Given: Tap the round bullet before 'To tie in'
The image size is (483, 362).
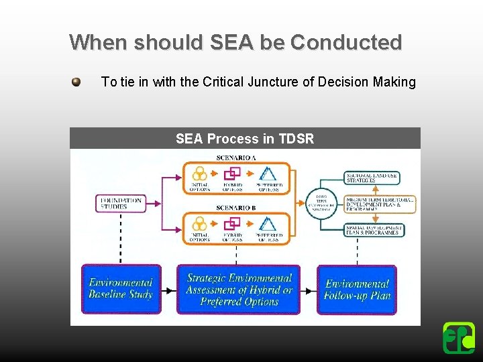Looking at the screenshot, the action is (x=76, y=82).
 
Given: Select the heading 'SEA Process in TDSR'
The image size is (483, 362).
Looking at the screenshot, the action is (x=245, y=139).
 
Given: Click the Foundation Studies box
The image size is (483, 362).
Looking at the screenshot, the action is (x=121, y=203).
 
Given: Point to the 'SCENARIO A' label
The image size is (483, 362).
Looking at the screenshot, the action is (x=236, y=158).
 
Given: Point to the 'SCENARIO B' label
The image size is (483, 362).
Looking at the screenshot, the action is (x=236, y=208).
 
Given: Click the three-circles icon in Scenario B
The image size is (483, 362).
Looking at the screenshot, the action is (x=199, y=224).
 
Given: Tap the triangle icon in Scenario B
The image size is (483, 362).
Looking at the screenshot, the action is (x=268, y=224).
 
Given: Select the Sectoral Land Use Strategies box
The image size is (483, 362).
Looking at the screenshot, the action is (x=374, y=177).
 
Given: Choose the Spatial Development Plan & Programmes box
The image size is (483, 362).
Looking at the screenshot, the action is (x=374, y=230).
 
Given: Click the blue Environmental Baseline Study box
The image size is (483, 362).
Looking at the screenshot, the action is (x=121, y=289).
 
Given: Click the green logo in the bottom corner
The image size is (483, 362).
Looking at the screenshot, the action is (x=459, y=338).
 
